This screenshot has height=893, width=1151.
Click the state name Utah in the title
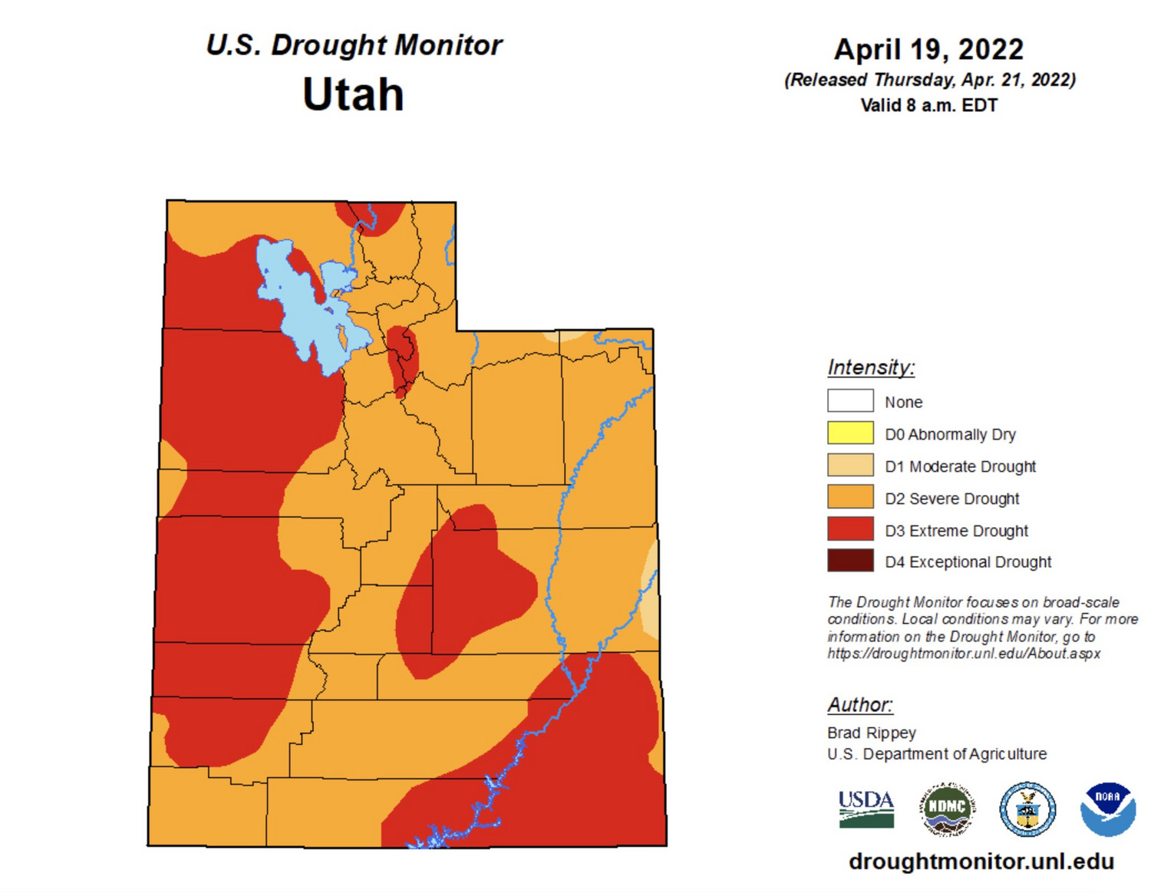[353, 94]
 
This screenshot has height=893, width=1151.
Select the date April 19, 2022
[928, 50]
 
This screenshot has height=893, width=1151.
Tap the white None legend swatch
[850, 401]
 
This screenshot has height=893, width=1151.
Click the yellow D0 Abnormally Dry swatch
[850, 433]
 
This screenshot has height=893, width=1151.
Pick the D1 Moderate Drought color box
[850, 466]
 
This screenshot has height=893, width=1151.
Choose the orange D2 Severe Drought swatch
[850, 497]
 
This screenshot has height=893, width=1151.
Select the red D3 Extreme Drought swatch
[850, 529]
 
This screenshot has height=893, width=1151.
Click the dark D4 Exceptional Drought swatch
[850, 561]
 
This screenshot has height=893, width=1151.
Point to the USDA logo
[866, 809]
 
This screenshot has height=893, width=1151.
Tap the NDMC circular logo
[947, 809]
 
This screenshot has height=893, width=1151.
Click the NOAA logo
[1107, 809]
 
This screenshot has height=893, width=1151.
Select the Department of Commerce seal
[1027, 809]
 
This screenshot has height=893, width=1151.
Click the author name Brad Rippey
[872, 733]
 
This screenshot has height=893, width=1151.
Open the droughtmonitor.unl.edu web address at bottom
[981, 862]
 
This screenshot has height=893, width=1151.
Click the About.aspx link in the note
[964, 654]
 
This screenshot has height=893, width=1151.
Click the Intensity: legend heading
[871, 367]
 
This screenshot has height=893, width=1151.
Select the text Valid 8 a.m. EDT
[928, 105]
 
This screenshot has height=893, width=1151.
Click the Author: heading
[860, 704]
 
